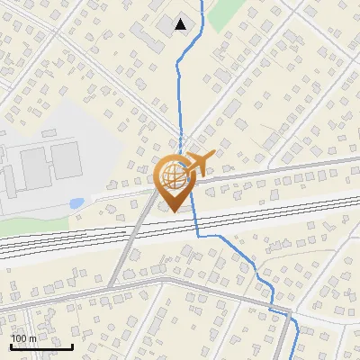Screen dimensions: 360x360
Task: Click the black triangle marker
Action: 182,24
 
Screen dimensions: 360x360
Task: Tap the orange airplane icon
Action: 201,163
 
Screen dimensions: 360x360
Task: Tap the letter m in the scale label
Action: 32,338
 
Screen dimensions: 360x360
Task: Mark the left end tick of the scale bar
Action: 11,346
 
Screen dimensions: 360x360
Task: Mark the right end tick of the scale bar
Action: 72,346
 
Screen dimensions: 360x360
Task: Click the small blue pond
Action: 76,202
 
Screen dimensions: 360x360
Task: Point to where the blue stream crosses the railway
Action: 194,223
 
